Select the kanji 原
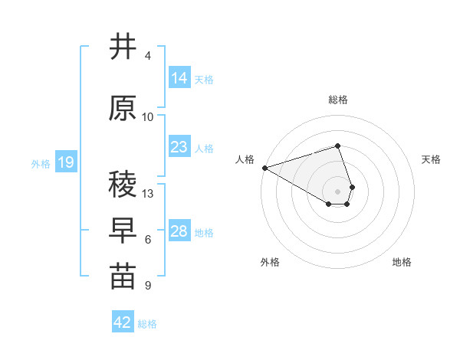pos(123,109)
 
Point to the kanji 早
pos(123,230)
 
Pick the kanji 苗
pos(123,277)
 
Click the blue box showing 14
pos(179,77)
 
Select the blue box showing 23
pos(179,147)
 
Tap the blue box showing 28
pos(179,231)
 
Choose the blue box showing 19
pos(65,162)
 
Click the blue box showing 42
pos(123,322)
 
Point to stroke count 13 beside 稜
pos(149,193)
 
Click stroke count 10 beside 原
pos(148,117)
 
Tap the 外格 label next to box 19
pos(40,163)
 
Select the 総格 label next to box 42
pos(147,324)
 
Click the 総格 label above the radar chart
pos(338,100)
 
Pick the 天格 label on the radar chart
pos(431,159)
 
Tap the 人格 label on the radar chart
pos(245,159)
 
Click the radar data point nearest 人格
pos(264,167)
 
